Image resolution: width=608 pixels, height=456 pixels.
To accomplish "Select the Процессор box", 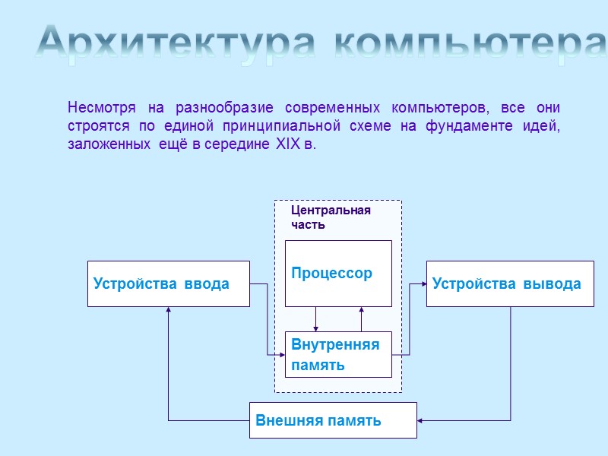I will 337,274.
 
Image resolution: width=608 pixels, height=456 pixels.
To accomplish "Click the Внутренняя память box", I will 337,355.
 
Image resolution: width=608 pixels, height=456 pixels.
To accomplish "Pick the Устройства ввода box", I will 168,284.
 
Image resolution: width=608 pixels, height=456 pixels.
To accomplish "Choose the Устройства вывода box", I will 509,284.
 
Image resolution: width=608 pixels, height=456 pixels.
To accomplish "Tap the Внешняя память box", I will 333,420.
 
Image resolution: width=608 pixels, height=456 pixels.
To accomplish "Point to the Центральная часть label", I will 331,217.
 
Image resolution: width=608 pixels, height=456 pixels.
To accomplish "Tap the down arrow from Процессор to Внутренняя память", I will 316,328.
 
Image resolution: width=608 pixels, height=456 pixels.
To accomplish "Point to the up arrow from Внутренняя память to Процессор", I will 362,310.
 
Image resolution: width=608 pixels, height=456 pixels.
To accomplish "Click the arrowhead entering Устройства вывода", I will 423,284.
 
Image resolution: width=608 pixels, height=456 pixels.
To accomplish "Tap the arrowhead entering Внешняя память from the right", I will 420,420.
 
